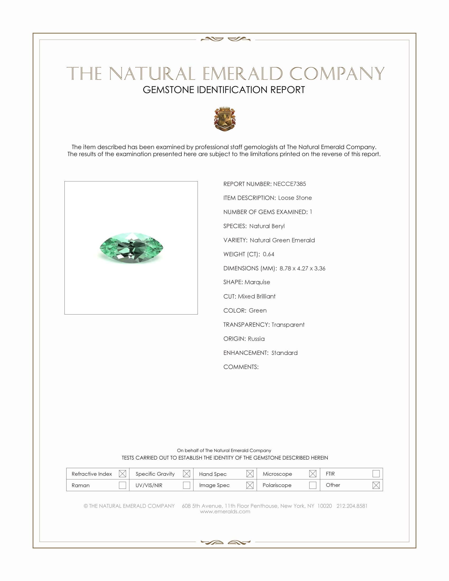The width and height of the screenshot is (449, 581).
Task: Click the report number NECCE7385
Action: [x=289, y=184]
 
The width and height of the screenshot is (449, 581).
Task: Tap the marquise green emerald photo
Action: [x=131, y=248]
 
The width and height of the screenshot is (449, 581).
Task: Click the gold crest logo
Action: [x=225, y=119]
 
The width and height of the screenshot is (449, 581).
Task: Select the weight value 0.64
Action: [x=268, y=254]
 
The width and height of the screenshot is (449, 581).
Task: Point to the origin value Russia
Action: [x=256, y=339]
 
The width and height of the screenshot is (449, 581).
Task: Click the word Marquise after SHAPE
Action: [x=257, y=282]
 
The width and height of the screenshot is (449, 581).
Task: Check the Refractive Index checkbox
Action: [x=122, y=474]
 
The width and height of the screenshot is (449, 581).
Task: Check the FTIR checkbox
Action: [x=376, y=474]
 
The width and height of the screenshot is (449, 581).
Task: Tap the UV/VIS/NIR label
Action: [x=149, y=485]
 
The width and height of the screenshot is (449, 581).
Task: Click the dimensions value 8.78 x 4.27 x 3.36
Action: [x=302, y=268]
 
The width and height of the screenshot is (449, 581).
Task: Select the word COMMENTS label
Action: [x=241, y=367]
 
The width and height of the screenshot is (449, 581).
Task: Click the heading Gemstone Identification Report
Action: [x=224, y=90]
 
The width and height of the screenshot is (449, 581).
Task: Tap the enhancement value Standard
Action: [x=284, y=353]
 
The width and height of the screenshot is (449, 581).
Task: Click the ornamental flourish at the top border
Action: [x=225, y=39]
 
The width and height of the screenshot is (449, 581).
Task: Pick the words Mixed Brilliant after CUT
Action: [x=257, y=296]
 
